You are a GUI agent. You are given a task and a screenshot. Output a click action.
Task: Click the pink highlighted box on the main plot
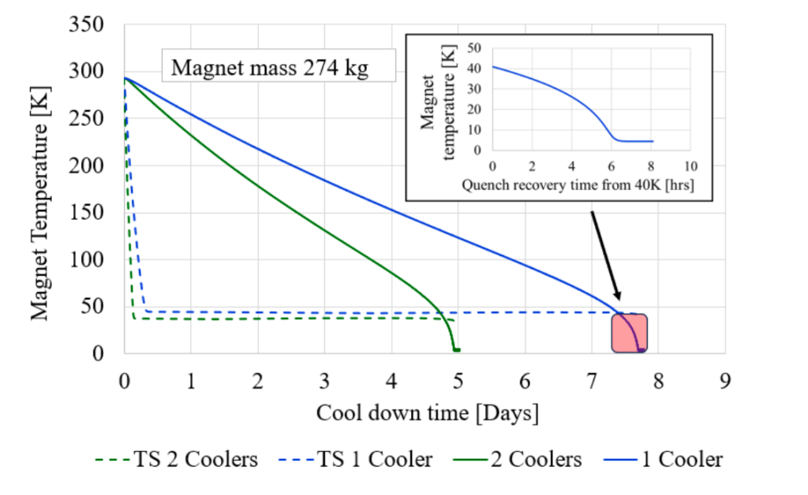point(630,333)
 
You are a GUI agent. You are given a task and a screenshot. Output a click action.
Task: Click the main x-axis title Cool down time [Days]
point(428,412)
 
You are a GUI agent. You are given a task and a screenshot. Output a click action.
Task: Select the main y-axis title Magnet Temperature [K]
point(39,188)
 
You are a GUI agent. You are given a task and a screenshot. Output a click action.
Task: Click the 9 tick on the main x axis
point(724,381)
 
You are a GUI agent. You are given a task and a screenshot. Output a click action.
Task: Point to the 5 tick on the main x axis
point(458,381)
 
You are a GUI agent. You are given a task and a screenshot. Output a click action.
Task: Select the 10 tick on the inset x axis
point(690,167)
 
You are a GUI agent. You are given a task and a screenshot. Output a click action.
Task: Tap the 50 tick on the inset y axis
point(475,47)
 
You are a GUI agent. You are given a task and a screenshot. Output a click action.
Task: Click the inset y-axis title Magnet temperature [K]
point(437,106)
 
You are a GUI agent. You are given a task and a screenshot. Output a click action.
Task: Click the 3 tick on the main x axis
point(324,381)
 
